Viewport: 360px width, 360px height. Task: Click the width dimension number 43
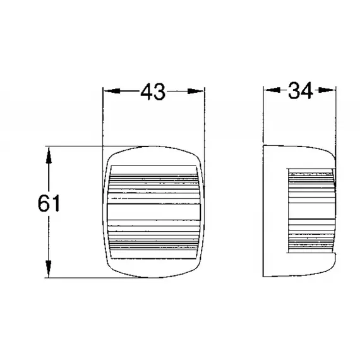coord(153,93)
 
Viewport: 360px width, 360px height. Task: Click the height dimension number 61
coord(48,203)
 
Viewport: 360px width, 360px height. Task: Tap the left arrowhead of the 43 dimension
coord(107,92)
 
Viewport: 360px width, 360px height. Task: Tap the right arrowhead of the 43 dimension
coord(200,92)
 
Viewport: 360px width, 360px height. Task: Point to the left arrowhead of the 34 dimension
coord(268,91)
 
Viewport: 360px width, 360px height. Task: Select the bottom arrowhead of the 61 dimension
coord(48,272)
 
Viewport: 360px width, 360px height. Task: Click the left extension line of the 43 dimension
coord(103,120)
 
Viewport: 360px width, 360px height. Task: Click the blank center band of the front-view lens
coord(154,212)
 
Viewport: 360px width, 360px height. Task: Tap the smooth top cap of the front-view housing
coord(154,157)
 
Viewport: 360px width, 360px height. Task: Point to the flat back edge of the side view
coord(263,212)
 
